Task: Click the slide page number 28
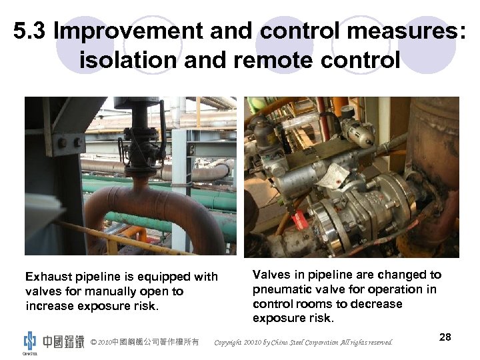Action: coord(445,337)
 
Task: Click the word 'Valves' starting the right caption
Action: coord(271,275)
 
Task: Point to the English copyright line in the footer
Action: coord(303,343)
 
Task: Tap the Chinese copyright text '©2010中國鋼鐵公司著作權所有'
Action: coord(145,342)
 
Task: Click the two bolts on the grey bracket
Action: coord(69,143)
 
